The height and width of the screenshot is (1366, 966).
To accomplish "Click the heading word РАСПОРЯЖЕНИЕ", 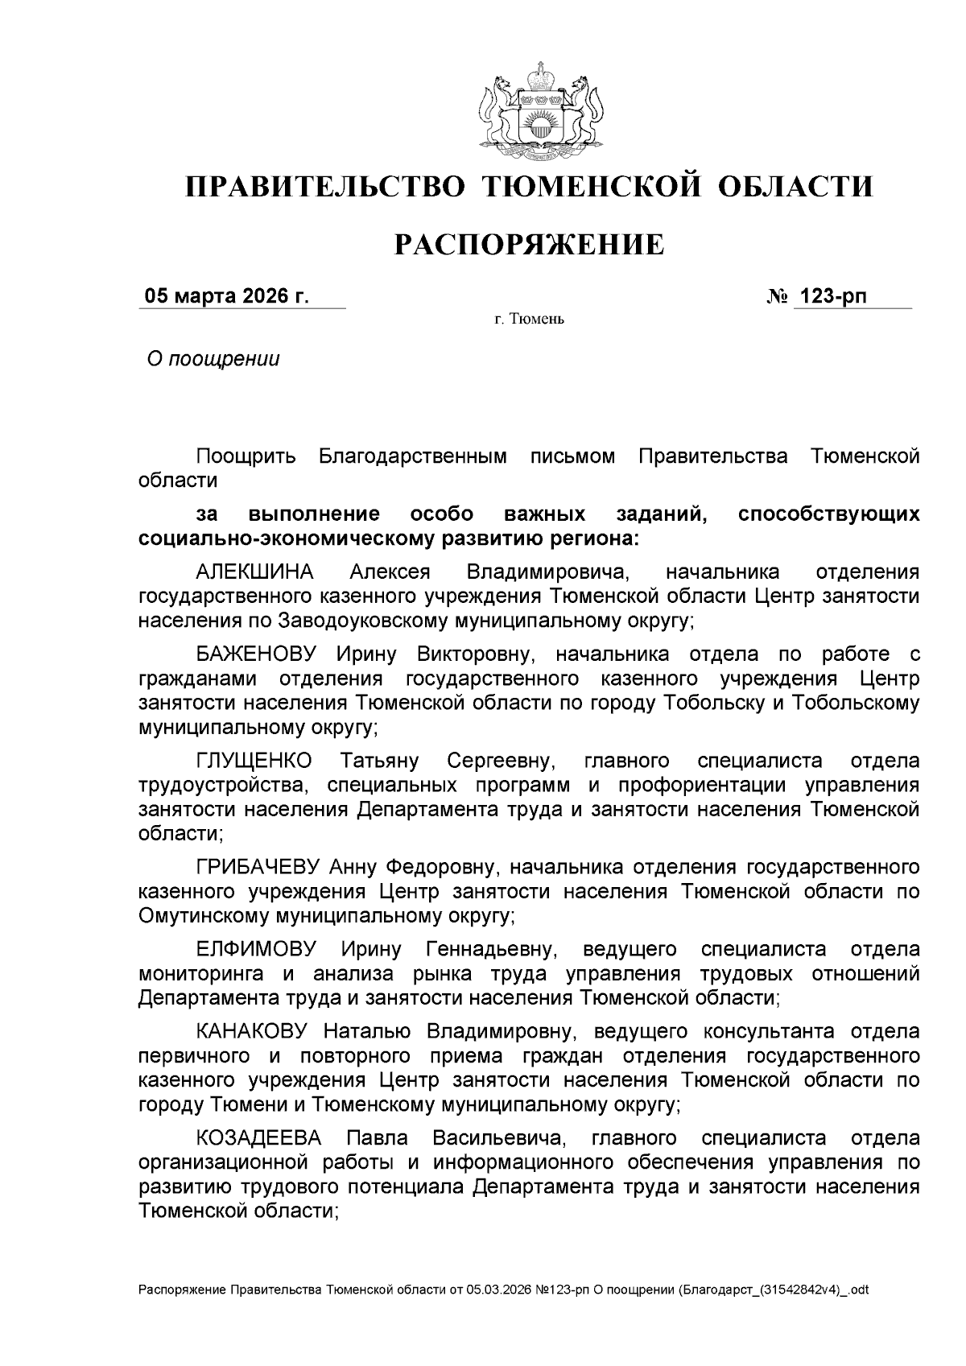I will tap(529, 245).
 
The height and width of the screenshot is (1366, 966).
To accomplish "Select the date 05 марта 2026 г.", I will tap(226, 296).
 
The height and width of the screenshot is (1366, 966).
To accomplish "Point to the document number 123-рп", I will tap(831, 296).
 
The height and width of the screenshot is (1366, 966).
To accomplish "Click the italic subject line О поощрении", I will tap(213, 359).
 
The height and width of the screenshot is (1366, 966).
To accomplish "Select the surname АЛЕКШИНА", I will tap(255, 572).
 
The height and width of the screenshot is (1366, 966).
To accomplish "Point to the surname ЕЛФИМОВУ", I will tap(256, 949).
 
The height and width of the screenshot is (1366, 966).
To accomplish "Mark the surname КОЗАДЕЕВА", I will tap(258, 1137).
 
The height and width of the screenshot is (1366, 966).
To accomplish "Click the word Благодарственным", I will tap(413, 457).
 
